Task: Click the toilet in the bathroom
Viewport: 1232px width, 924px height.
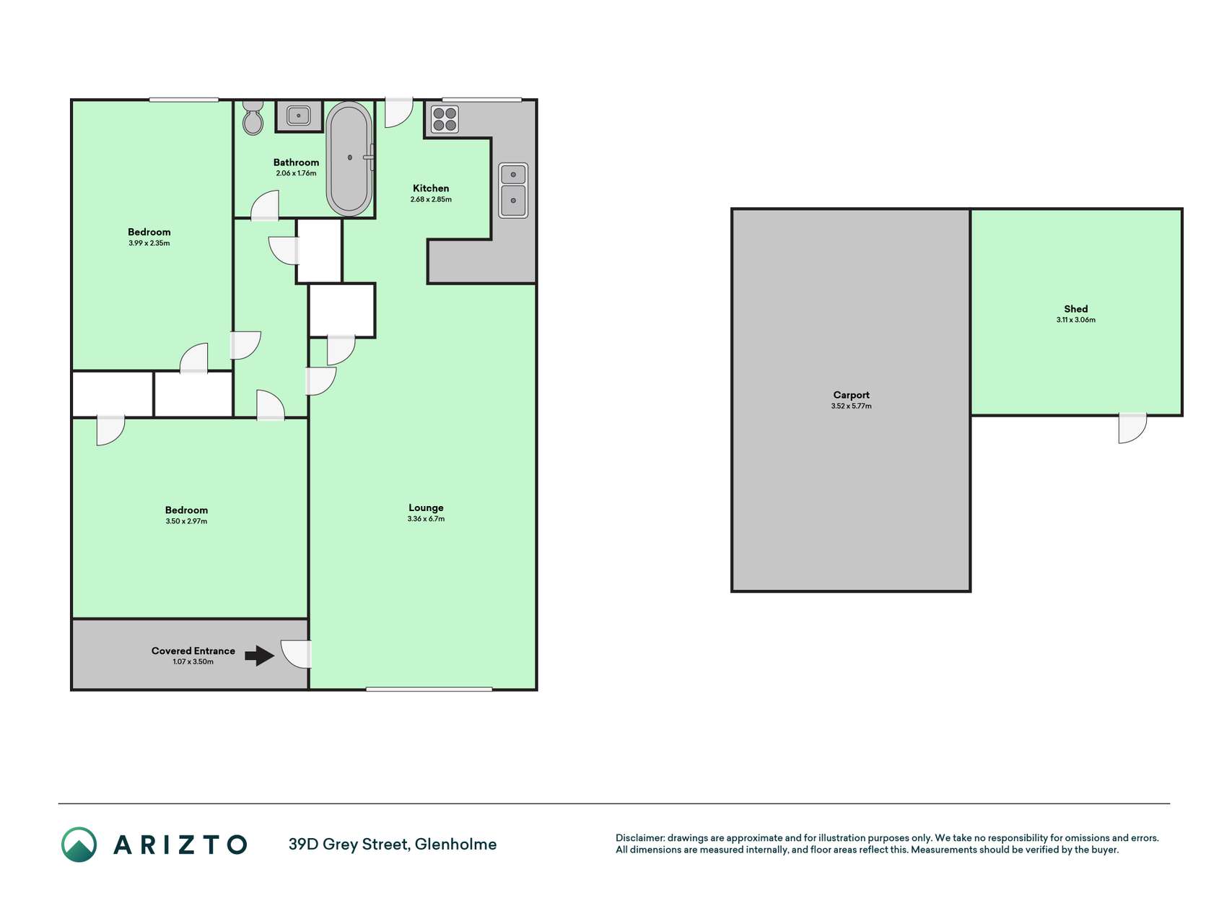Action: click(253, 117)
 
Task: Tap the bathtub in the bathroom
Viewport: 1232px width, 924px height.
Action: click(349, 158)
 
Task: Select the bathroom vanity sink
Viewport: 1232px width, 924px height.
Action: click(299, 115)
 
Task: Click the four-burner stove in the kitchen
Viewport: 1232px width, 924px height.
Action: click(445, 119)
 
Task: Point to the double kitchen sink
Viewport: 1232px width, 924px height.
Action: click(513, 190)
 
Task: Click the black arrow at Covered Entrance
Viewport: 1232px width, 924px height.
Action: click(260, 655)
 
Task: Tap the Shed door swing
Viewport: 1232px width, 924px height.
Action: click(1132, 428)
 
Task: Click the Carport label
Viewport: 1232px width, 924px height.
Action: click(851, 395)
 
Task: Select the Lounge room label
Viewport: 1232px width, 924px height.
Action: click(426, 507)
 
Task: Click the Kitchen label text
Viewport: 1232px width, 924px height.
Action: click(431, 188)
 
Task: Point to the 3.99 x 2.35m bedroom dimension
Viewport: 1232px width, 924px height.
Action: click(149, 243)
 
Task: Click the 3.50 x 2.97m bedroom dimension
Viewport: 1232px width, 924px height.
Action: click(186, 521)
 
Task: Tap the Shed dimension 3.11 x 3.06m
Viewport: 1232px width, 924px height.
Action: click(1075, 320)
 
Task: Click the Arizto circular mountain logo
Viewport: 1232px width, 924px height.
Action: click(79, 845)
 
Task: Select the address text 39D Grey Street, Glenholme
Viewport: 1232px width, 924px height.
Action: click(393, 845)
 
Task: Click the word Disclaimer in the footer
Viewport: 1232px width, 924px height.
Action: click(640, 838)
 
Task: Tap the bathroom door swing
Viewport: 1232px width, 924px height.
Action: click(265, 206)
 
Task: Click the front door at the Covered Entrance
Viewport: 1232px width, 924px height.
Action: click(296, 654)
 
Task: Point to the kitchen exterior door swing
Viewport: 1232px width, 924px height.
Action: click(398, 113)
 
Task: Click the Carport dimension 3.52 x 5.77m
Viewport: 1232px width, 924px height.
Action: click(851, 406)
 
